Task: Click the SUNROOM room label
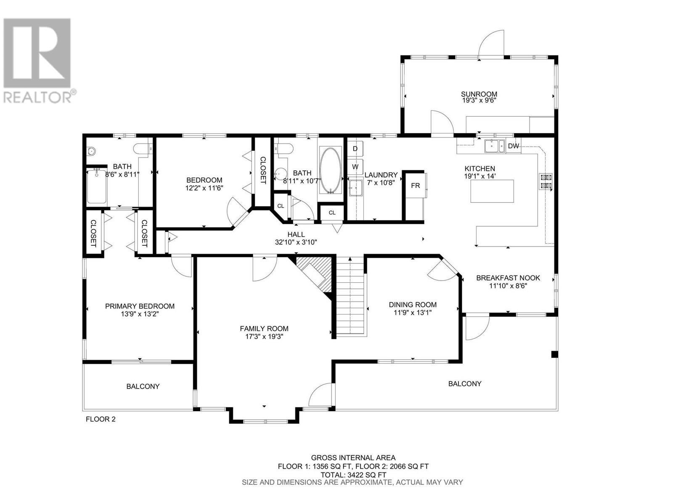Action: point(479,94)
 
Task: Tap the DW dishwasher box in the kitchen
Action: point(513,146)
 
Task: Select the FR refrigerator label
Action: point(416,186)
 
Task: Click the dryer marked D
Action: point(355,149)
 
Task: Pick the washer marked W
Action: point(355,167)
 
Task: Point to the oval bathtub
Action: point(330,170)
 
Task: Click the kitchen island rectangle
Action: point(492,191)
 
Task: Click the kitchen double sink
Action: point(494,146)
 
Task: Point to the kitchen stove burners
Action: point(546,181)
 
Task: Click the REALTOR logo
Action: point(38,60)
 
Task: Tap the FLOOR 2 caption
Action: point(101,419)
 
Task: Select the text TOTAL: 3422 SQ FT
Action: point(353,475)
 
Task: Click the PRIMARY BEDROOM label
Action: point(140,306)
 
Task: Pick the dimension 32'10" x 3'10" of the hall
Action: point(296,242)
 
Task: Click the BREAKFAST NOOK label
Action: point(508,278)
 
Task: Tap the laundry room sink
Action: point(356,187)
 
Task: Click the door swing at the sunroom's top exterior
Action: point(491,43)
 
